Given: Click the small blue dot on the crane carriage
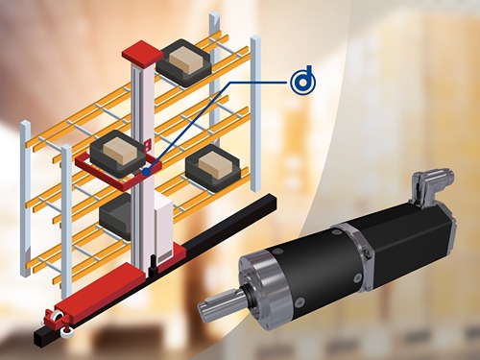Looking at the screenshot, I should click(145, 170).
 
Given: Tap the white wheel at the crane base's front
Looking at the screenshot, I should click(68, 332).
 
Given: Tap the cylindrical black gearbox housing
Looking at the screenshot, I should click(298, 264).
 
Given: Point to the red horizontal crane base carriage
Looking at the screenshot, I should click(96, 292).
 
